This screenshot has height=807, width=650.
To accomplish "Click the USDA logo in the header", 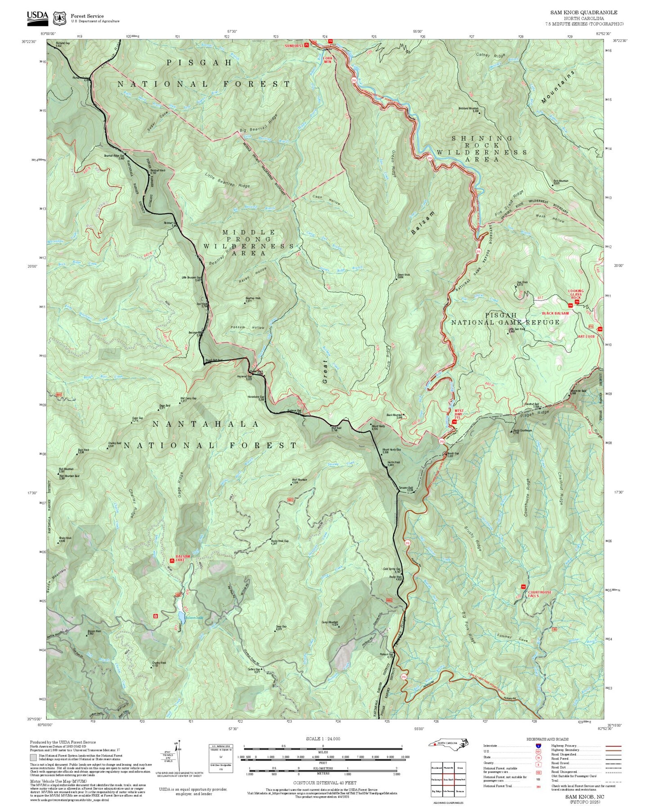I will [37, 16].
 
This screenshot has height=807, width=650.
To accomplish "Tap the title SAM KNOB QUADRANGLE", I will [583, 13].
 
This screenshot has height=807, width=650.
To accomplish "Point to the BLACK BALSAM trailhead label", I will [555, 313].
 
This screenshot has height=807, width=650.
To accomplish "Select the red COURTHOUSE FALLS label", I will [539, 593].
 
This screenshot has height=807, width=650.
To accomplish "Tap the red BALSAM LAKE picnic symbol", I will [172, 560].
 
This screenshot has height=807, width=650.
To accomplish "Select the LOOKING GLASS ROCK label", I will [575, 293].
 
